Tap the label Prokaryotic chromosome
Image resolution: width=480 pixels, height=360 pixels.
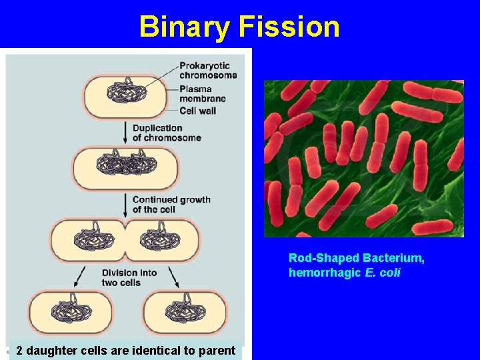point(207,70)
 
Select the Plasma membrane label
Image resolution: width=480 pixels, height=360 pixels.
point(202,93)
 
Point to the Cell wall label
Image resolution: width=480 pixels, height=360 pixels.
point(197,111)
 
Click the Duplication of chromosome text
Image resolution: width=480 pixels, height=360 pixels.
point(166,133)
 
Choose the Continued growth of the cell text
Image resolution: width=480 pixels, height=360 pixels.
point(171,204)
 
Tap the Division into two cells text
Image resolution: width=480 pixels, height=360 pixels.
point(129,277)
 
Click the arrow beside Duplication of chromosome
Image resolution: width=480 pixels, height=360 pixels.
point(124,133)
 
